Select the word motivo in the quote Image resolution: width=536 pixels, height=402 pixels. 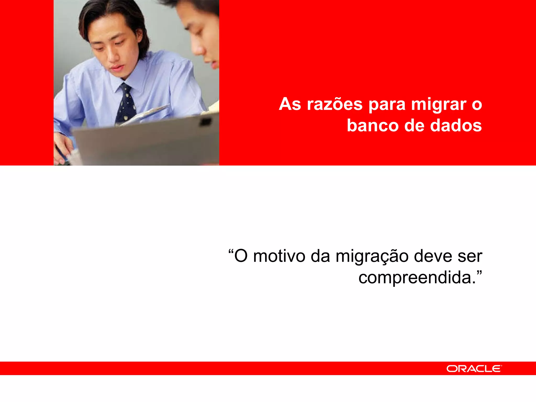click(x=279, y=256)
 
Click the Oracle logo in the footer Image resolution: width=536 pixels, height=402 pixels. click(x=474, y=369)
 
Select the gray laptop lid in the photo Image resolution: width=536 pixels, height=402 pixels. click(x=147, y=144)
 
